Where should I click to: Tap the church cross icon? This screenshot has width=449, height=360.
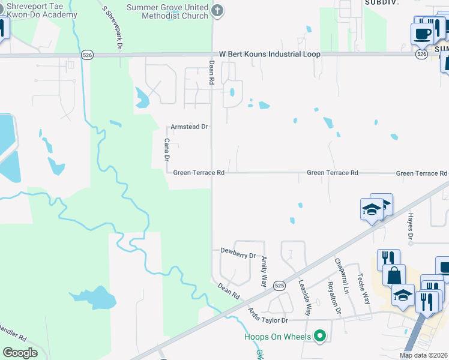pyautogui.click(x=217, y=10)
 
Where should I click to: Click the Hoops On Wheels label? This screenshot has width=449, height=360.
pyautogui.click(x=277, y=337)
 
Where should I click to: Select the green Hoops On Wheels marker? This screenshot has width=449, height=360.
pyautogui.click(x=320, y=337)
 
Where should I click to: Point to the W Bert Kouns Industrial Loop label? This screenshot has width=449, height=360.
pyautogui.click(x=270, y=54)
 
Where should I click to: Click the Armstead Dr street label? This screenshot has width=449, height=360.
pyautogui.click(x=189, y=127)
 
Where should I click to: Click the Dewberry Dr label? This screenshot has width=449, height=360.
pyautogui.click(x=238, y=254)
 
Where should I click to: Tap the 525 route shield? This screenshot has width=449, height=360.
pyautogui.click(x=279, y=286)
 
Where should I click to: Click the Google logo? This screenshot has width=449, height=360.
pyautogui.click(x=20, y=353)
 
